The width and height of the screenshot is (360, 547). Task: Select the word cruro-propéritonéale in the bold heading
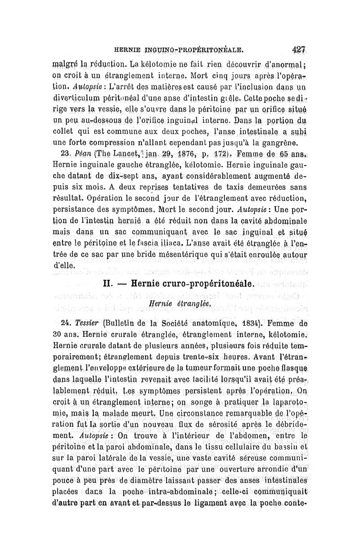pyautogui.click(x=207, y=285)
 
